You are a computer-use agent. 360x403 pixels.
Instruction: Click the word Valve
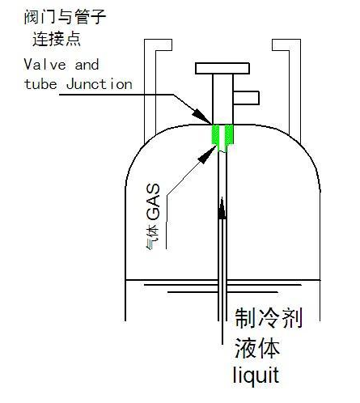tap(44, 65)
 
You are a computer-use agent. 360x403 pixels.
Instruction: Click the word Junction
tap(100, 84)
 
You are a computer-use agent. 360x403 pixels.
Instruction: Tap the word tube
tap(40, 84)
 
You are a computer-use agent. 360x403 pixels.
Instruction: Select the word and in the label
tap(87, 65)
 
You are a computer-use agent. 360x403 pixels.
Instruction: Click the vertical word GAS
tap(154, 202)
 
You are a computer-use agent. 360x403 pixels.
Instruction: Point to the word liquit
tap(256, 375)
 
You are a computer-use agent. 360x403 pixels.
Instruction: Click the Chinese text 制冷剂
tap(269, 318)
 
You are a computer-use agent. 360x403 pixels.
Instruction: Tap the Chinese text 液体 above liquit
tap(257, 348)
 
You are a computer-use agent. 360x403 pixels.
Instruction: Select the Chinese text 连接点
tap(57, 39)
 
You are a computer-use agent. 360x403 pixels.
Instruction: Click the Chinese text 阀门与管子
tap(65, 16)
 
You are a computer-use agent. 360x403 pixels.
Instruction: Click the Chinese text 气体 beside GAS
tap(153, 236)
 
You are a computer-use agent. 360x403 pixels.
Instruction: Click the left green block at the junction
tap(215, 134)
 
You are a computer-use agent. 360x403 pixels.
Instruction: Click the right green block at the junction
tap(229, 135)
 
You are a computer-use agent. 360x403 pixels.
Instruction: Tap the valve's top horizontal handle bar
tap(222, 69)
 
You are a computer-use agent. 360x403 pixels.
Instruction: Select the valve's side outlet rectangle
tap(246, 98)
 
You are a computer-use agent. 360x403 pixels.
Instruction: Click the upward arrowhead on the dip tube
tap(222, 208)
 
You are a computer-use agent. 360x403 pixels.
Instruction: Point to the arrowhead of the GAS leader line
tap(208, 155)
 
